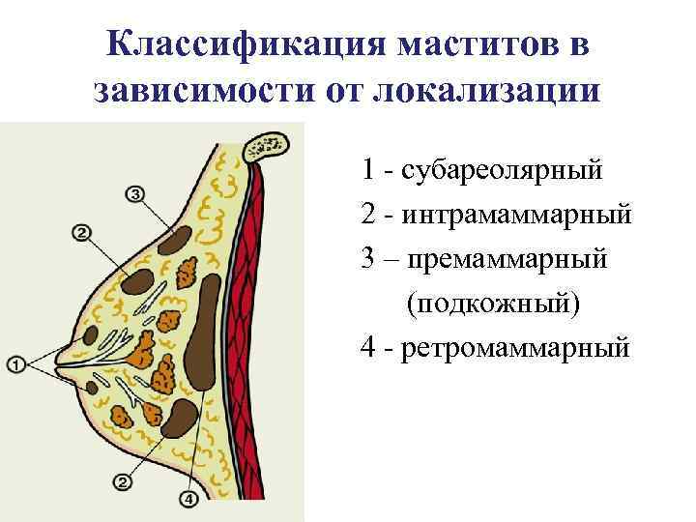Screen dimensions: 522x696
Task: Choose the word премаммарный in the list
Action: [x=511, y=258]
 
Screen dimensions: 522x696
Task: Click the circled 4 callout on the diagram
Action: [x=189, y=500]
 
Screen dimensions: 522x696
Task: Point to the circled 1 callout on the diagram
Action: [x=16, y=363]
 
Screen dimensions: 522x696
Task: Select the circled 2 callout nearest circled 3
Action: [x=81, y=232]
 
